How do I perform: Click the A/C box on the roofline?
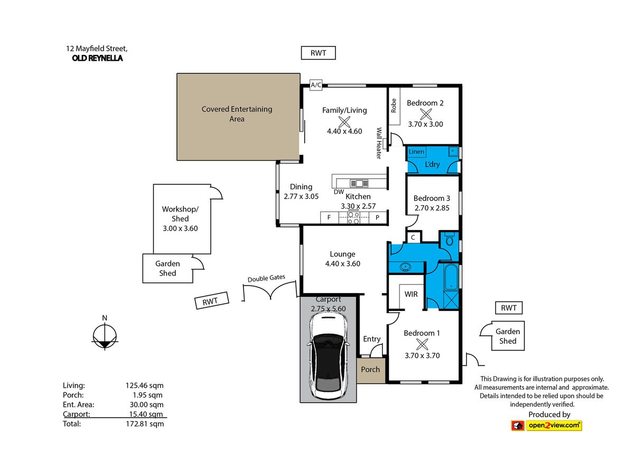point(316,85)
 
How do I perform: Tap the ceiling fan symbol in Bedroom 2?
point(425,114)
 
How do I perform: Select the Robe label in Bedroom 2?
point(394,105)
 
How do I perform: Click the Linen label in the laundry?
point(416,151)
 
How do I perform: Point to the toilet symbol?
point(450,239)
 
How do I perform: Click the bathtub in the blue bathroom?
point(451,277)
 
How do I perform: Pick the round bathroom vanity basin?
point(406,267)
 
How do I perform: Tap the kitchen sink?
point(359,184)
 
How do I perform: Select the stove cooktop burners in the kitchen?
point(353,218)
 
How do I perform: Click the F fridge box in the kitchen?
point(329,217)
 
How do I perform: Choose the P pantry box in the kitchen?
point(378,217)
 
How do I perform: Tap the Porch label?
point(370,369)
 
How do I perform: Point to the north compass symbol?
point(105,336)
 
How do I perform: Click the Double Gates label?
point(266,278)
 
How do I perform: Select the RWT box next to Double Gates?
point(212,300)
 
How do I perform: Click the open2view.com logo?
point(546,426)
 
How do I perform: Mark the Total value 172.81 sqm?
point(145,424)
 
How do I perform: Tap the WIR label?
point(411,294)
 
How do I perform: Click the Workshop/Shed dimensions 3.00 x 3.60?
point(180,228)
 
